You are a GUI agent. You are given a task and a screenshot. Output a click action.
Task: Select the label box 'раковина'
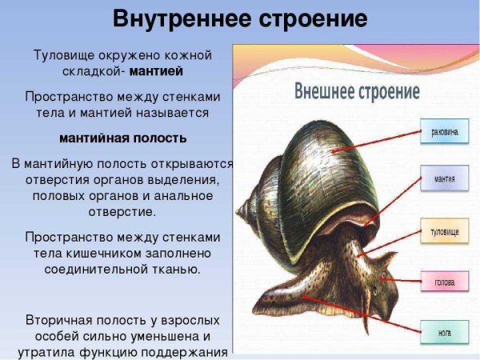[444, 134]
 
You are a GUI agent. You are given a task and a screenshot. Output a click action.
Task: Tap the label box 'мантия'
[444, 178]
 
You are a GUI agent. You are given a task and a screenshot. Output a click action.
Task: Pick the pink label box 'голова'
[445, 282]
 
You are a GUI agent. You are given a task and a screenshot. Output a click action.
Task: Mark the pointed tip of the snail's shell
[240, 210]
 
